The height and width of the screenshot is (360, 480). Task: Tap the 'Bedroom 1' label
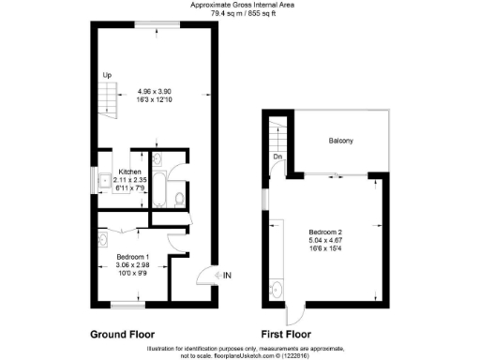pyautogui.click(x=132, y=256)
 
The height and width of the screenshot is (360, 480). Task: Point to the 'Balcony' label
pyautogui.click(x=340, y=142)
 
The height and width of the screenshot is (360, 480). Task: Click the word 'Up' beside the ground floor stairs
pyautogui.click(x=107, y=75)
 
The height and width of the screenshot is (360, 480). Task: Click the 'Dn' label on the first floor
pyautogui.click(x=278, y=157)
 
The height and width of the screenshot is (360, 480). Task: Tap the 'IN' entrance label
pyautogui.click(x=225, y=275)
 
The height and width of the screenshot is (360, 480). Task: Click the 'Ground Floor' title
pyautogui.click(x=121, y=333)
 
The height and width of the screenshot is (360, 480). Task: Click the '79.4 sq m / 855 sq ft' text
pyautogui.click(x=239, y=13)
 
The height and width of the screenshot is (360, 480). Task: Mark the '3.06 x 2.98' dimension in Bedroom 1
pyautogui.click(x=132, y=264)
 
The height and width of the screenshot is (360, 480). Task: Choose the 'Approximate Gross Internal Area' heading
pyautogui.click(x=239, y=5)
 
